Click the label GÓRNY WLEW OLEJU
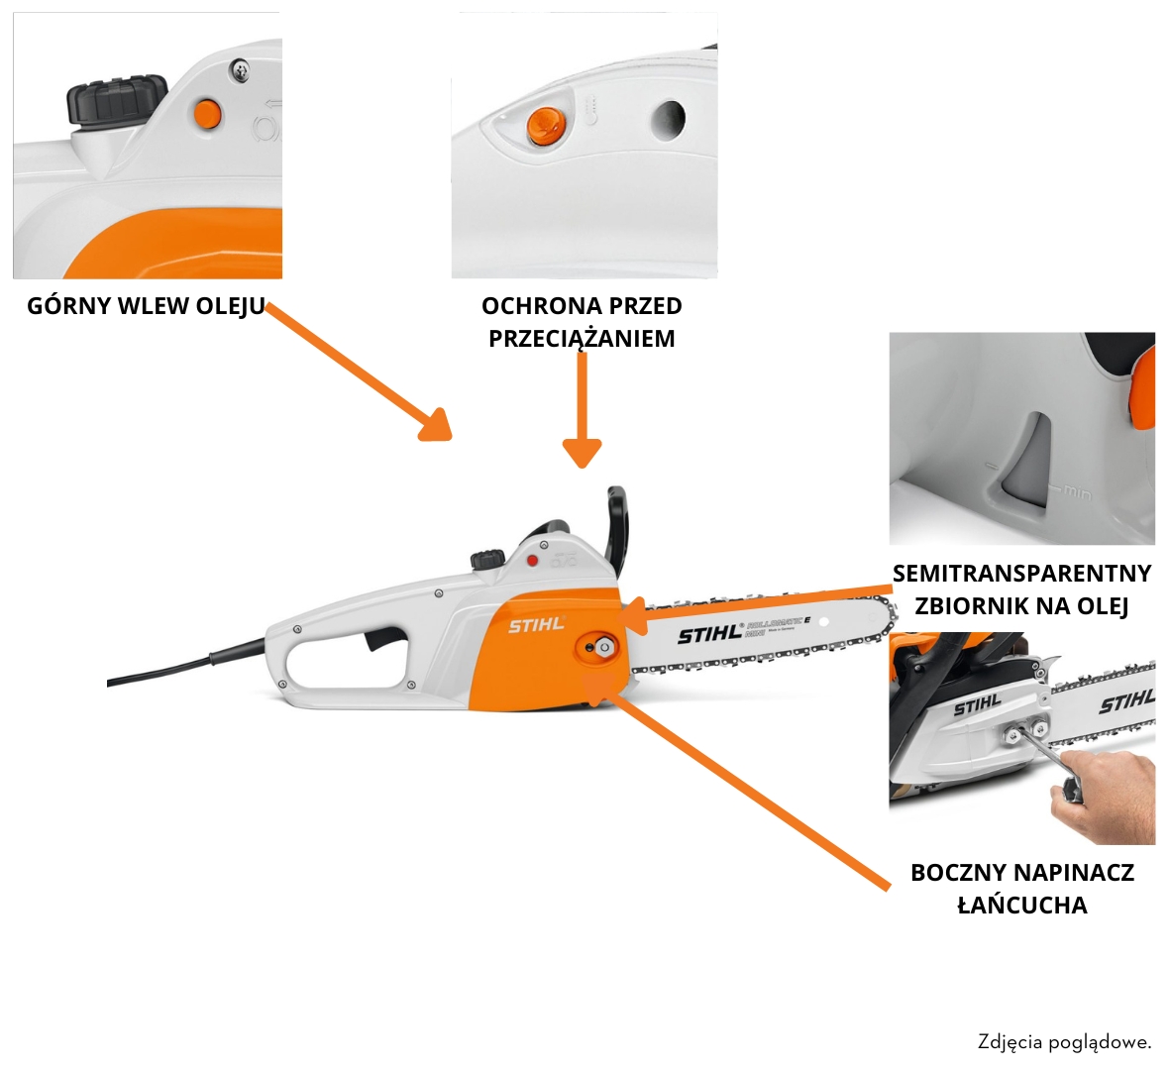click(x=146, y=306)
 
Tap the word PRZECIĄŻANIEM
click(x=582, y=339)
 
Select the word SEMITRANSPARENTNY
click(x=1021, y=574)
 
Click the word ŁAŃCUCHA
click(x=1021, y=906)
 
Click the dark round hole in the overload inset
click(x=668, y=121)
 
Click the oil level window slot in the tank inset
click(x=1026, y=461)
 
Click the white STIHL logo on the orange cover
click(x=536, y=625)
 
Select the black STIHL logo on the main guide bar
click(x=708, y=634)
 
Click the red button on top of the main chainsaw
click(x=532, y=561)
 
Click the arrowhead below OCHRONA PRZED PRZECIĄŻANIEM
click(x=582, y=453)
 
